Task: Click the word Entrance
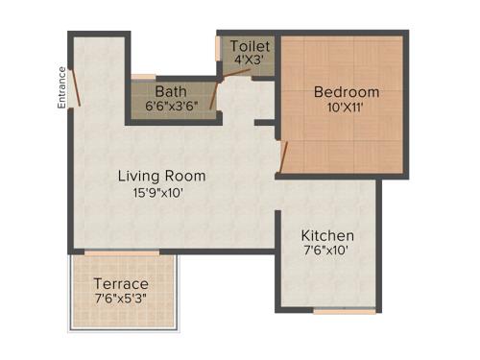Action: coord(61,86)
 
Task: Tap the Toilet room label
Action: coord(250,46)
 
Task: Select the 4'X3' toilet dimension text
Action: coord(250,60)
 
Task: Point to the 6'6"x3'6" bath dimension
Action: coord(171,106)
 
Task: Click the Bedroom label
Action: coord(347,92)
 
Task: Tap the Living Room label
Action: coord(161,176)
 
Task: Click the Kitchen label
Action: coord(327,235)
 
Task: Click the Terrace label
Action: coord(121,284)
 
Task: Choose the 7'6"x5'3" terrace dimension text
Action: coord(121,300)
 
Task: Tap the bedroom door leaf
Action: coord(282,159)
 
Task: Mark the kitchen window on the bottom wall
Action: coord(344,310)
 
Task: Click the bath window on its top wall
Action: coord(143,76)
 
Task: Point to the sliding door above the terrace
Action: coord(121,252)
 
